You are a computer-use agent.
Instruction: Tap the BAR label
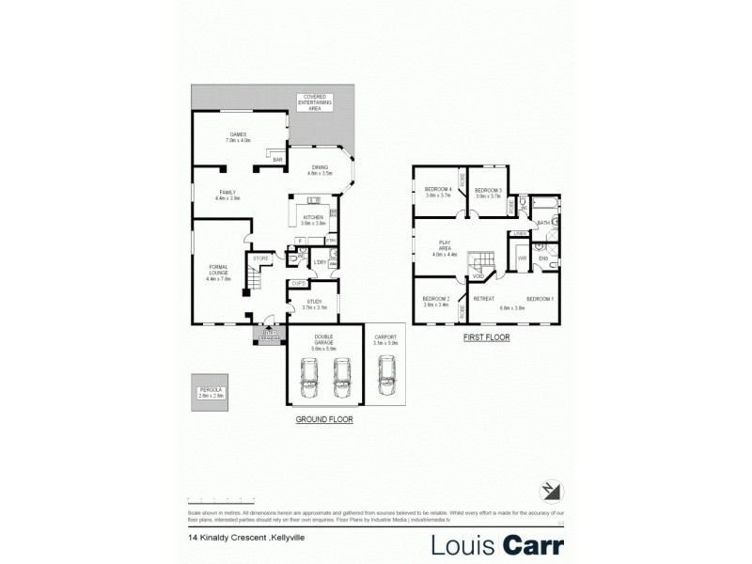tap(277, 161)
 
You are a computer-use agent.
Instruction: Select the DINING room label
tap(320, 170)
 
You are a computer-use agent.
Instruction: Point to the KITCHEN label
tap(313, 220)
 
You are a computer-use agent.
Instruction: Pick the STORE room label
tap(260, 258)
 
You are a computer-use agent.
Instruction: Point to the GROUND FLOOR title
tap(324, 419)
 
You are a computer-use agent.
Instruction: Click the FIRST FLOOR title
tap(486, 336)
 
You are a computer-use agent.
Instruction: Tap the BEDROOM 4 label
tap(439, 192)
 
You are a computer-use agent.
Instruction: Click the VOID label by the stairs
tap(478, 276)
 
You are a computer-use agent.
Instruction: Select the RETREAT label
tap(484, 299)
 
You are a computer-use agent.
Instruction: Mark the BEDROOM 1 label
tap(539, 299)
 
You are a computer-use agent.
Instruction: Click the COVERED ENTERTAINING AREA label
tap(314, 102)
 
